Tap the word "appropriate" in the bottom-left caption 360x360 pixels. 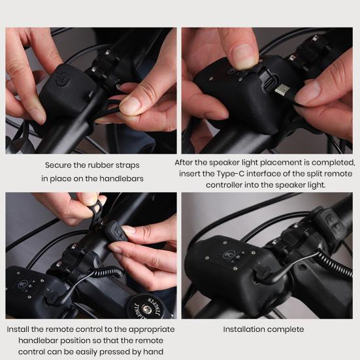152,330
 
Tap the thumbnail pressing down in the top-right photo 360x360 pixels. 243,56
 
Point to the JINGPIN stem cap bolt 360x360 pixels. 145,307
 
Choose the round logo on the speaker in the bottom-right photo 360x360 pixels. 228,255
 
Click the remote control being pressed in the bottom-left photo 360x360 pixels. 116,232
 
